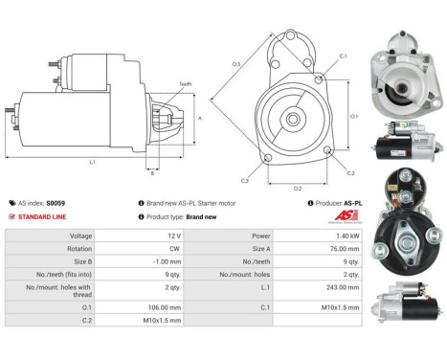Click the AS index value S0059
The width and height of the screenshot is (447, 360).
click(x=60, y=203)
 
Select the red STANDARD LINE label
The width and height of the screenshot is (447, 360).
click(x=44, y=216)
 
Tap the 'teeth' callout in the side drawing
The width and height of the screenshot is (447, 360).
click(x=185, y=84)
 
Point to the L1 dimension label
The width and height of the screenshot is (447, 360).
click(x=92, y=163)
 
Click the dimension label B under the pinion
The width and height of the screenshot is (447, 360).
click(x=150, y=173)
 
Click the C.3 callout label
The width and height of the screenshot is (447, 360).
click(x=245, y=180)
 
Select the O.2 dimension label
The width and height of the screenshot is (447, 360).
click(x=298, y=188)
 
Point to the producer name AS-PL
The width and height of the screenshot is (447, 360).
click(x=352, y=203)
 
